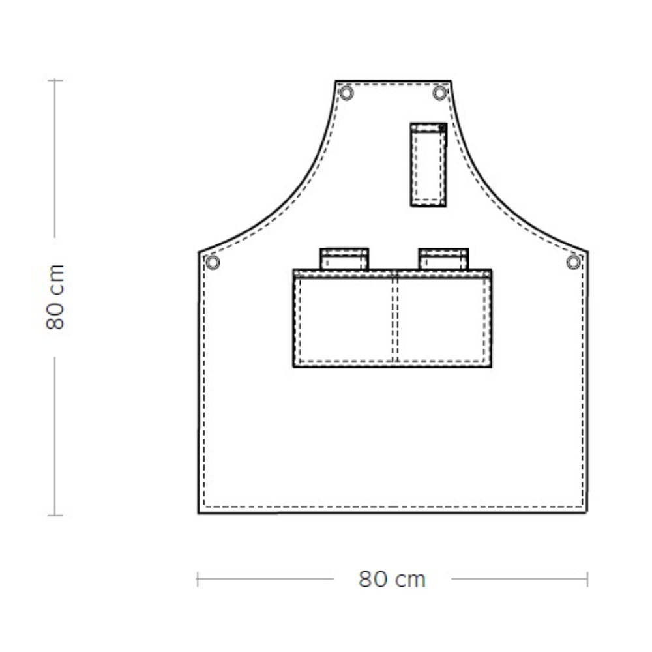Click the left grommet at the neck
point(346,93)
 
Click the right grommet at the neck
point(439,93)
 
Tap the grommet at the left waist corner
point(213,262)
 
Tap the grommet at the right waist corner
point(573,262)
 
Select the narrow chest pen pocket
point(428,164)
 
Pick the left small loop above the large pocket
point(344,259)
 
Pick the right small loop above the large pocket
point(443,259)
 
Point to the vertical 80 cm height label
point(55,297)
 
